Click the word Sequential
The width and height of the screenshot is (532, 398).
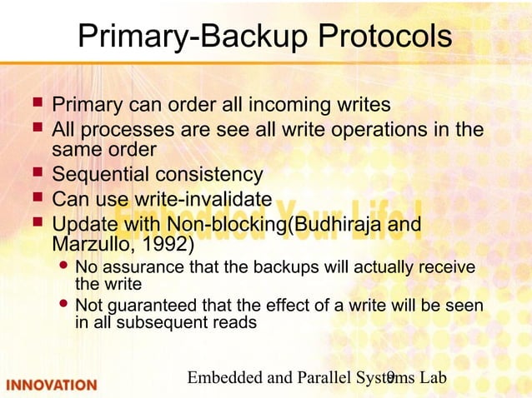click(101, 175)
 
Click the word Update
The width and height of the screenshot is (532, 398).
click(87, 226)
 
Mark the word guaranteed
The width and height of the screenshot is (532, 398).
click(154, 305)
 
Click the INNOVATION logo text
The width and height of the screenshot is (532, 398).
click(52, 385)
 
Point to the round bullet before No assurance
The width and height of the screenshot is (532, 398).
click(61, 268)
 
